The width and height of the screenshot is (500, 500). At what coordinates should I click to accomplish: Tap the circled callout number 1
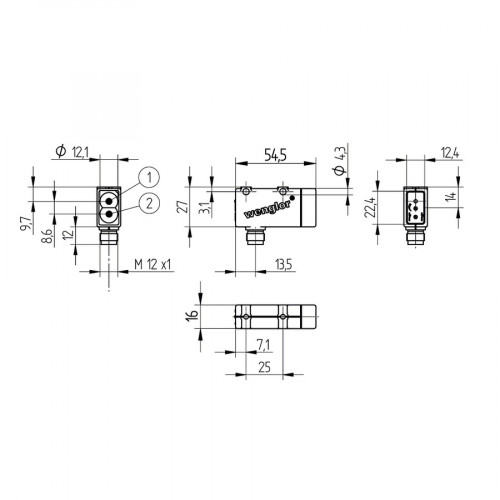click(x=147, y=177)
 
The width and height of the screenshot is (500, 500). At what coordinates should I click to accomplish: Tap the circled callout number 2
click(x=149, y=204)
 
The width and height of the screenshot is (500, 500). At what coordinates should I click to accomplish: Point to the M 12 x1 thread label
click(x=153, y=263)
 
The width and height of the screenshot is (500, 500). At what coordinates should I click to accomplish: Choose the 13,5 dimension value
click(x=284, y=264)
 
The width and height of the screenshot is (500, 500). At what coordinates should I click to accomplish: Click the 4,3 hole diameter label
click(x=340, y=159)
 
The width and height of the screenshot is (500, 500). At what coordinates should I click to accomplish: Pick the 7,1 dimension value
click(x=262, y=345)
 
